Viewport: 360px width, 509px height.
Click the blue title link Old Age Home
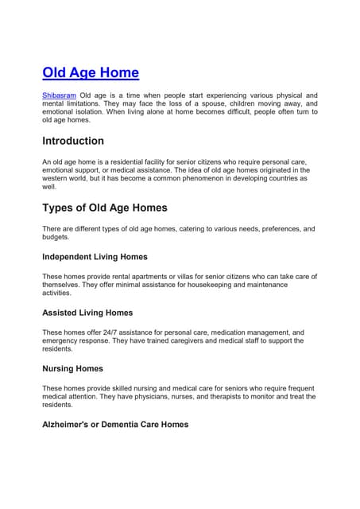click(90, 73)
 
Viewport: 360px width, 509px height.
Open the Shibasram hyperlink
click(59, 95)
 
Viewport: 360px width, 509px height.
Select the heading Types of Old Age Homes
click(104, 208)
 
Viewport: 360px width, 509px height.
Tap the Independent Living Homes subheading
click(95, 257)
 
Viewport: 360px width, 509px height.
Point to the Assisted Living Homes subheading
click(87, 313)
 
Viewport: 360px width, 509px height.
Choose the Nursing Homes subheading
click(72, 369)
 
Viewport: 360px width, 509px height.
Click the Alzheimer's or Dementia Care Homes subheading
click(115, 425)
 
